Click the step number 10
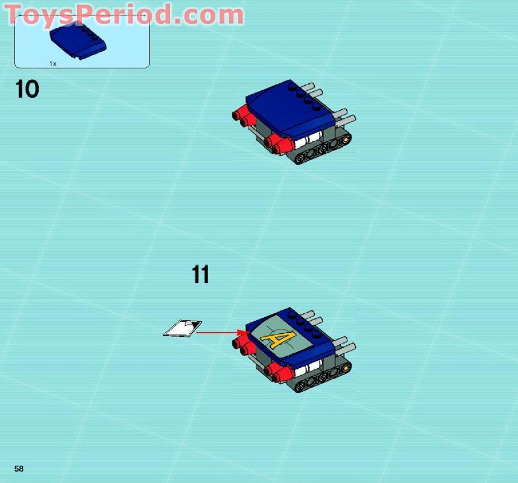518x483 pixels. click(x=27, y=89)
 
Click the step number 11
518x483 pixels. click(x=201, y=275)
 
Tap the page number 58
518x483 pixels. click(x=19, y=469)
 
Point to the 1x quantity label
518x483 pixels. click(x=53, y=63)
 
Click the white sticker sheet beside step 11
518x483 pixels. click(x=183, y=328)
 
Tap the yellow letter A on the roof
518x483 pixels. click(x=278, y=339)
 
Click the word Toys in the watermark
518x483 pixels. click(x=42, y=14)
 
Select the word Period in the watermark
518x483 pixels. click(x=127, y=14)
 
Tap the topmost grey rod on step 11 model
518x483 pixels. click(x=308, y=315)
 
